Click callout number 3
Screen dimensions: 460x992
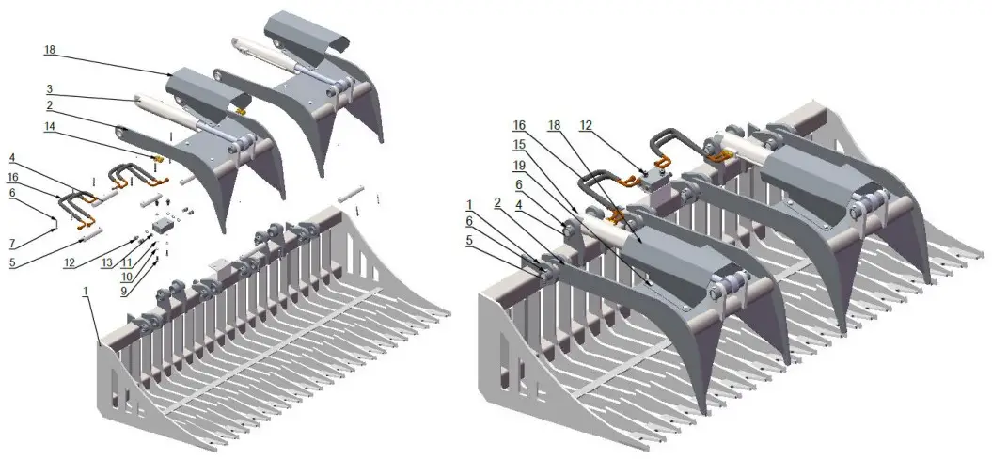tap(48, 89)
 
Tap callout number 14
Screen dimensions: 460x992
tap(50, 126)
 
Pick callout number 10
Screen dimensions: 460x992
tap(127, 278)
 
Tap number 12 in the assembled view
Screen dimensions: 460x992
tap(586, 124)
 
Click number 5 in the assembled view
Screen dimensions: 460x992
tap(468, 239)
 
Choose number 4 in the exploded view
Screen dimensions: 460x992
tap(12, 156)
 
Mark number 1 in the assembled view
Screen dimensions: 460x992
tap(468, 203)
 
